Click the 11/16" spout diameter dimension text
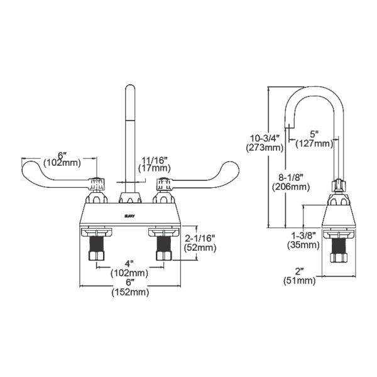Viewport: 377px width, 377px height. coord(154,160)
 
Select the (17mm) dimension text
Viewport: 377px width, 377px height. coord(154,168)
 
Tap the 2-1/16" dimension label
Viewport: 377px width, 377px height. coord(201,238)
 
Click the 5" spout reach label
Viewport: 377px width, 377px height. coord(314,134)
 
